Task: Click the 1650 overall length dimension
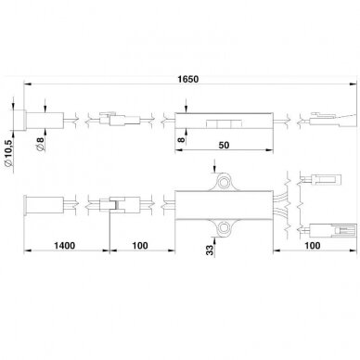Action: click(x=188, y=79)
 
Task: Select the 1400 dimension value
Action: click(x=65, y=246)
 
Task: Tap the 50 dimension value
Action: click(x=224, y=145)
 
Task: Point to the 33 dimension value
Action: click(x=210, y=250)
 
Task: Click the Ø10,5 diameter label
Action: click(x=9, y=154)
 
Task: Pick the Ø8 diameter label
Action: click(x=40, y=144)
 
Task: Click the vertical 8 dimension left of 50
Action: click(x=182, y=139)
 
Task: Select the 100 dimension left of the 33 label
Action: click(x=140, y=246)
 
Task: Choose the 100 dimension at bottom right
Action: click(x=313, y=246)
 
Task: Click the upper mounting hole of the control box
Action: click(x=223, y=182)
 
